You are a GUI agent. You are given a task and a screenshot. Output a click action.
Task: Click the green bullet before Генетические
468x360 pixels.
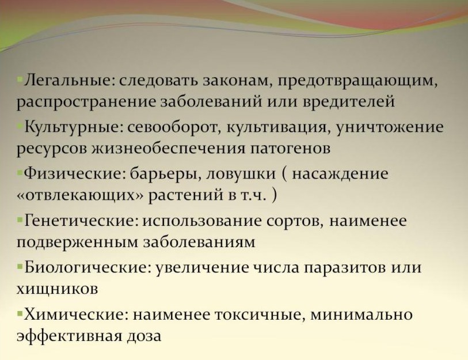tap(20, 221)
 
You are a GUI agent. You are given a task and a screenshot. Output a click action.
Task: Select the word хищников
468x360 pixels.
tap(58, 289)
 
